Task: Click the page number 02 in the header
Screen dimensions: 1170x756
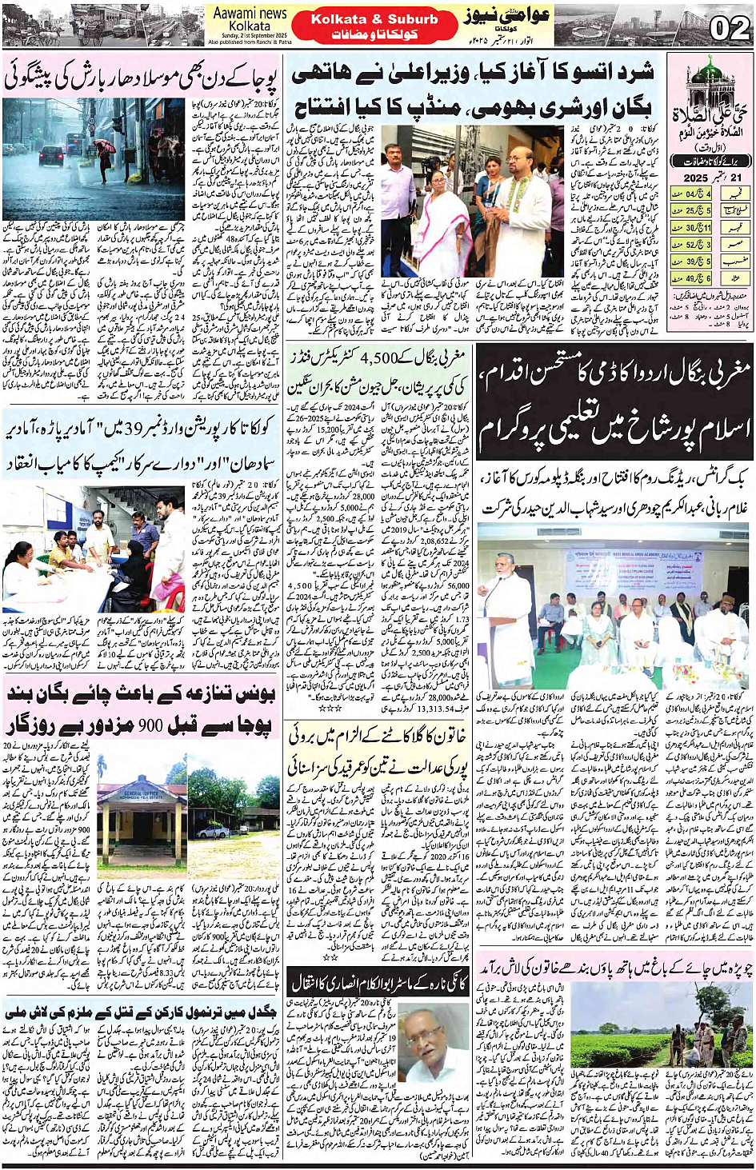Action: pos(729,29)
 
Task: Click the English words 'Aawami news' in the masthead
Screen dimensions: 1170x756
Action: pos(250,14)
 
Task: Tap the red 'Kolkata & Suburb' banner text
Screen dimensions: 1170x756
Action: pos(374,19)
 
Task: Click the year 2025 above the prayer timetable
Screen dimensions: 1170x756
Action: pos(696,178)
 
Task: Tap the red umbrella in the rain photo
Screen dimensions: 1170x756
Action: pos(105,146)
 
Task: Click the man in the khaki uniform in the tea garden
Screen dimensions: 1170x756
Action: pos(705,1037)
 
